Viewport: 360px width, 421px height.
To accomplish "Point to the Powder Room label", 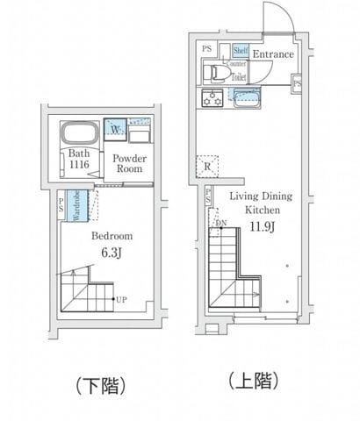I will pyautogui.click(x=129, y=163).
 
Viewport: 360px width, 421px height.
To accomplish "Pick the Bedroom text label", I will pyautogui.click(x=112, y=236).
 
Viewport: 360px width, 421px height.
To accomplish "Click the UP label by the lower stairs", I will pyautogui.click(x=121, y=300).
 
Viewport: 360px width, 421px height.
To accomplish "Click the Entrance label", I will pyautogui.click(x=273, y=54).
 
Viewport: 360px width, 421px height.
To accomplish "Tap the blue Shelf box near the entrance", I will pyautogui.click(x=240, y=51).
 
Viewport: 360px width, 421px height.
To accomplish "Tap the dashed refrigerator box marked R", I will pyautogui.click(x=205, y=166).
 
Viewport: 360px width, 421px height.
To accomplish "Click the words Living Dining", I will pyautogui.click(x=261, y=196).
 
